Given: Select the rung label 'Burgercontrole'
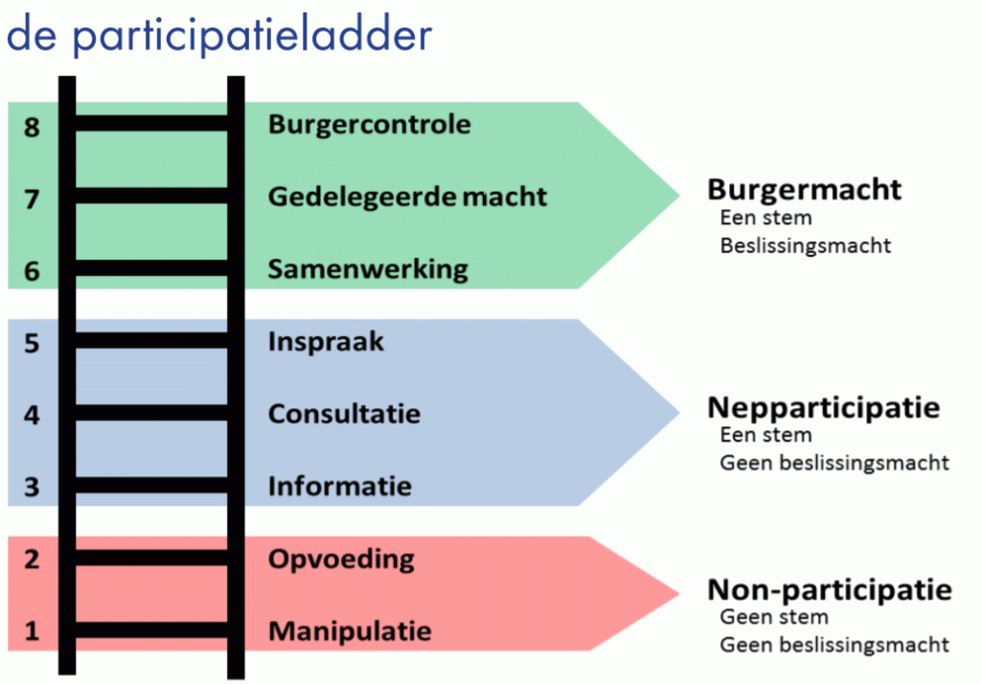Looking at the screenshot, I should (x=369, y=125).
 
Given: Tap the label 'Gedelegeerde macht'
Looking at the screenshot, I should (x=407, y=196).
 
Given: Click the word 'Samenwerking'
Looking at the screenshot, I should (x=368, y=269).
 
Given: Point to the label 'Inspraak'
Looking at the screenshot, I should (x=326, y=342).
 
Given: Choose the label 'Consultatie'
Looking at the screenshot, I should (x=344, y=415).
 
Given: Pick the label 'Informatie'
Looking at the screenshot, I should (x=339, y=487).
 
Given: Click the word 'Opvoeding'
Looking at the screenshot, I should (x=341, y=559).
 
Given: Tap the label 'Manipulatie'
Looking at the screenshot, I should (x=350, y=631).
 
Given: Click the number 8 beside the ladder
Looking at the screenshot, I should (x=33, y=125).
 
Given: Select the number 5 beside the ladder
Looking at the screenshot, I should (x=33, y=343).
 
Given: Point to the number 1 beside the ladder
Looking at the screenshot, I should (x=33, y=631).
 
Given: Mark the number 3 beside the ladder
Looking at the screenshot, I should (x=33, y=487).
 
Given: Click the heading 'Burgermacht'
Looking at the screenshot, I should (x=805, y=190).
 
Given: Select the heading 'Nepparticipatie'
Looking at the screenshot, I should (x=824, y=408).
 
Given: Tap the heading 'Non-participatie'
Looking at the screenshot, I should (x=830, y=589).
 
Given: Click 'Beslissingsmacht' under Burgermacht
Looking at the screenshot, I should (x=806, y=246).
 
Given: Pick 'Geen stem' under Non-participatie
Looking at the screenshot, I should (x=774, y=617).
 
